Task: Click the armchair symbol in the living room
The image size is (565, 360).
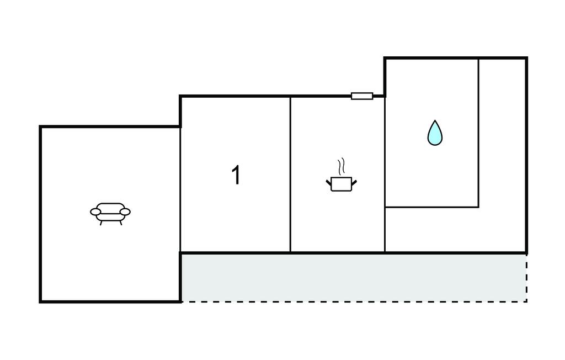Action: [x=110, y=211]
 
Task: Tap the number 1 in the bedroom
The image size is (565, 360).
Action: [x=236, y=175]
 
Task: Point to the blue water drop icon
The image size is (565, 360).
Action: [x=435, y=134]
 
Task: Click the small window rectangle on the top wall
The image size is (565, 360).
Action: [x=362, y=96]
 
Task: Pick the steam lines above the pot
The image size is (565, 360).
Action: [x=342, y=166]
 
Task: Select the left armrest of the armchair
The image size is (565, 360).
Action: [x=96, y=211]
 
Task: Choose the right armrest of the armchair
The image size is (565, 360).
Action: [x=125, y=211]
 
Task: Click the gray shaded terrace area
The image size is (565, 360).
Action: [x=353, y=277]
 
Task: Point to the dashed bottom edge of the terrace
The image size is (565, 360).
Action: [x=353, y=301]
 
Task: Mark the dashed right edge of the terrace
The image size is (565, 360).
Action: [x=527, y=278]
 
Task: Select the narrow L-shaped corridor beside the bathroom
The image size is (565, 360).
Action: [x=502, y=166]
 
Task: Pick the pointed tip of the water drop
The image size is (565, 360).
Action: [x=435, y=121]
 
